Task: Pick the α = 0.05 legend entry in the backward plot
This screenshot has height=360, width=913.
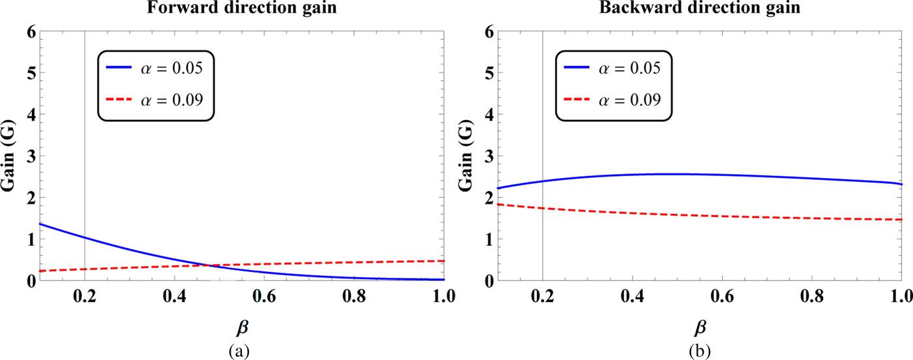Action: click(613, 67)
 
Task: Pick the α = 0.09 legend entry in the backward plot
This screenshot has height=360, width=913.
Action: click(613, 100)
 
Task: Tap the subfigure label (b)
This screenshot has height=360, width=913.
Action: click(698, 350)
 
